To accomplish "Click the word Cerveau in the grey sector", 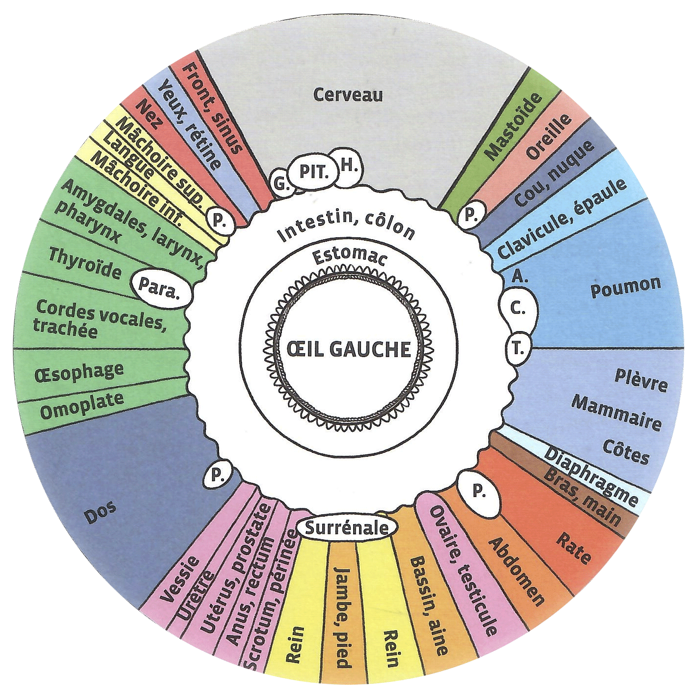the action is (x=348, y=95).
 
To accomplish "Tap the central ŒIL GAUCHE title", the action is (x=349, y=349).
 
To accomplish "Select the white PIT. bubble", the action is (x=313, y=172).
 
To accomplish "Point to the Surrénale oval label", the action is (x=347, y=529).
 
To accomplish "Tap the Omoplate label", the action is (x=82, y=406).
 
